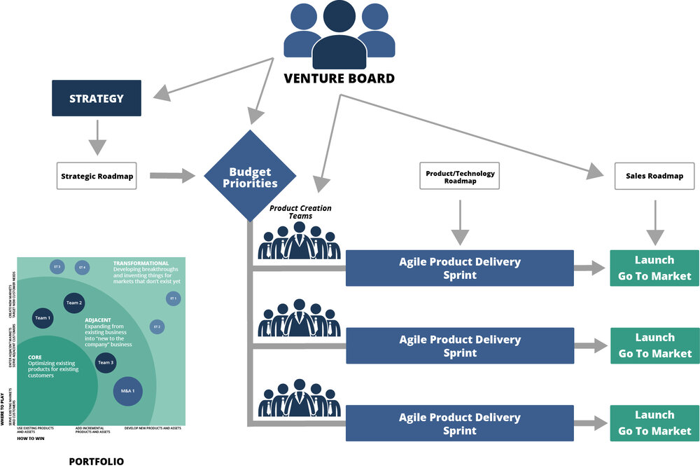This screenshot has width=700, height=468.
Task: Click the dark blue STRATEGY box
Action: click(x=97, y=98)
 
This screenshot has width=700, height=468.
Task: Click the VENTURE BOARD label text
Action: click(x=339, y=78)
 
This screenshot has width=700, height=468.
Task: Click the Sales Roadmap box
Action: click(x=654, y=176)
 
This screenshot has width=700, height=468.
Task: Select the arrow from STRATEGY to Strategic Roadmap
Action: click(x=97, y=136)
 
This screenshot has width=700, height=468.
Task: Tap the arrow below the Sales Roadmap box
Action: click(x=654, y=221)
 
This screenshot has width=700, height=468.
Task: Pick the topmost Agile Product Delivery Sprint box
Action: click(x=459, y=268)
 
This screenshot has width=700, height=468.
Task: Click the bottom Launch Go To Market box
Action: click(x=654, y=422)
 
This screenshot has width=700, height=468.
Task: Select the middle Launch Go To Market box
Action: click(x=654, y=345)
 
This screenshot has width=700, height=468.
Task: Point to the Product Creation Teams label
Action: click(x=300, y=212)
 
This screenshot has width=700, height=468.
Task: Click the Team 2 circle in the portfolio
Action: click(x=74, y=303)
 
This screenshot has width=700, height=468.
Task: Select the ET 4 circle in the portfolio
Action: click(x=83, y=267)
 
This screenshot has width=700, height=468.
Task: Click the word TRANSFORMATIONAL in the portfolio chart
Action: click(x=141, y=263)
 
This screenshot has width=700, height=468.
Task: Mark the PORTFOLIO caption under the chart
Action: click(x=97, y=461)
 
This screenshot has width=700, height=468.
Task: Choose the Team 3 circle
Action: click(x=106, y=362)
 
